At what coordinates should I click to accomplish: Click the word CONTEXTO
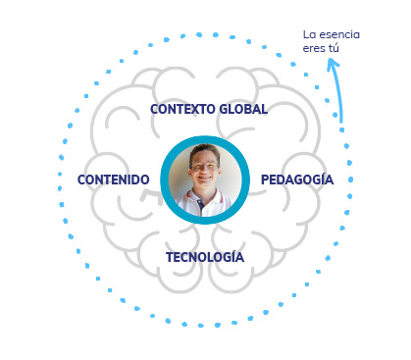[x=182, y=109]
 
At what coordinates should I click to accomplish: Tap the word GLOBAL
[x=243, y=109]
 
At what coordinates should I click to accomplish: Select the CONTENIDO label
[x=114, y=180]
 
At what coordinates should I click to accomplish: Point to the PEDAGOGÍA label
[x=297, y=180]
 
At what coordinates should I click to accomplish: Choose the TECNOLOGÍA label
[x=205, y=257]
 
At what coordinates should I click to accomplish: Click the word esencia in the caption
[x=338, y=34]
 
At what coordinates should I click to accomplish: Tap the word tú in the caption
[x=334, y=48]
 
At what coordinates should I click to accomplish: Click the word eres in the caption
[x=314, y=49]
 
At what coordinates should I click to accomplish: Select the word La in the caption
[x=309, y=34]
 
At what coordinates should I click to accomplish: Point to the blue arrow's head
[x=333, y=63]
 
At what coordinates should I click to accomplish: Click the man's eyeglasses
[x=203, y=167]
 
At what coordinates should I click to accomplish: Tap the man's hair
[x=205, y=152]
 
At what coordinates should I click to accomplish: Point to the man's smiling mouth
[x=205, y=178]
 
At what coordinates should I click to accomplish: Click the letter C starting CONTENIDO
[x=81, y=180]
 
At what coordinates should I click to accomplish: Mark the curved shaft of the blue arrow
[x=338, y=91]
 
